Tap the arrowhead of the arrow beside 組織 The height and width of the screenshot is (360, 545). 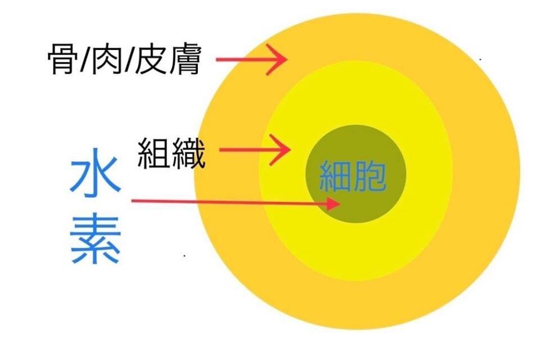coord(283,150)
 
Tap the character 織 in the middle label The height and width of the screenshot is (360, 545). coord(189,152)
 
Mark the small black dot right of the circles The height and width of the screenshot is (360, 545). coord(480,59)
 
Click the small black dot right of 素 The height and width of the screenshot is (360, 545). coord(185,255)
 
